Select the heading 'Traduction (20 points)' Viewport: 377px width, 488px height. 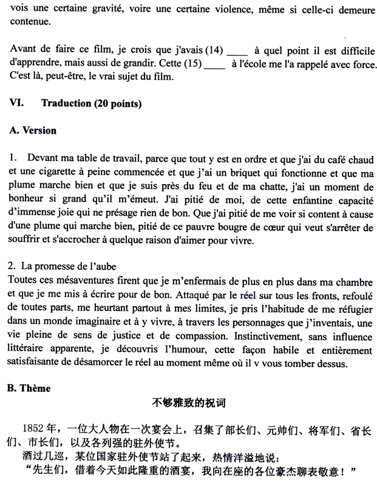(x=91, y=104)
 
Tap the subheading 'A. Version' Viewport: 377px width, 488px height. (x=33, y=131)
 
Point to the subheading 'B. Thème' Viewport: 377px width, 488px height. (x=30, y=388)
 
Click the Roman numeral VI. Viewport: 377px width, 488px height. (x=16, y=104)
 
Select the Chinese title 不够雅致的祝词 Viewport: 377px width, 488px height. (x=188, y=402)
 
